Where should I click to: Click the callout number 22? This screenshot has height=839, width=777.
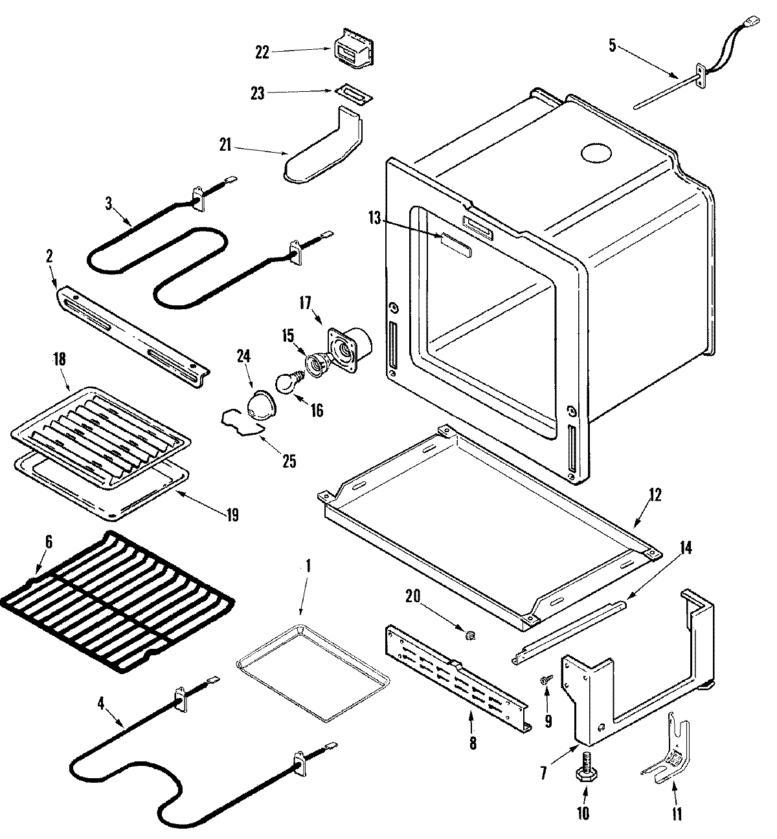pyautogui.click(x=262, y=52)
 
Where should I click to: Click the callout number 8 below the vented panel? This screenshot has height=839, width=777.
pyautogui.click(x=472, y=744)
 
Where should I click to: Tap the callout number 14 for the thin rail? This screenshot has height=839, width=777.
pyautogui.click(x=685, y=549)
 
